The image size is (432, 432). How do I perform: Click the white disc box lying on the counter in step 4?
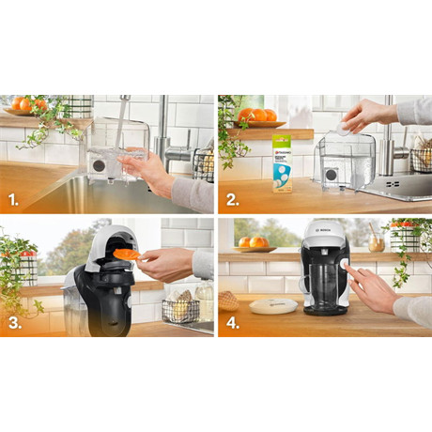(272, 305)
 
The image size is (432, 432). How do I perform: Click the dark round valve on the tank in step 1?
(97, 165)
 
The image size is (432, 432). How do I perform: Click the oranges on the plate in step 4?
(253, 243)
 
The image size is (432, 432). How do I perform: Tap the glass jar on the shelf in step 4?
(376, 242)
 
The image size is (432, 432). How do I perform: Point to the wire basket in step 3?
(180, 309)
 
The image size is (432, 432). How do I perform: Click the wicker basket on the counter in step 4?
(227, 299)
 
